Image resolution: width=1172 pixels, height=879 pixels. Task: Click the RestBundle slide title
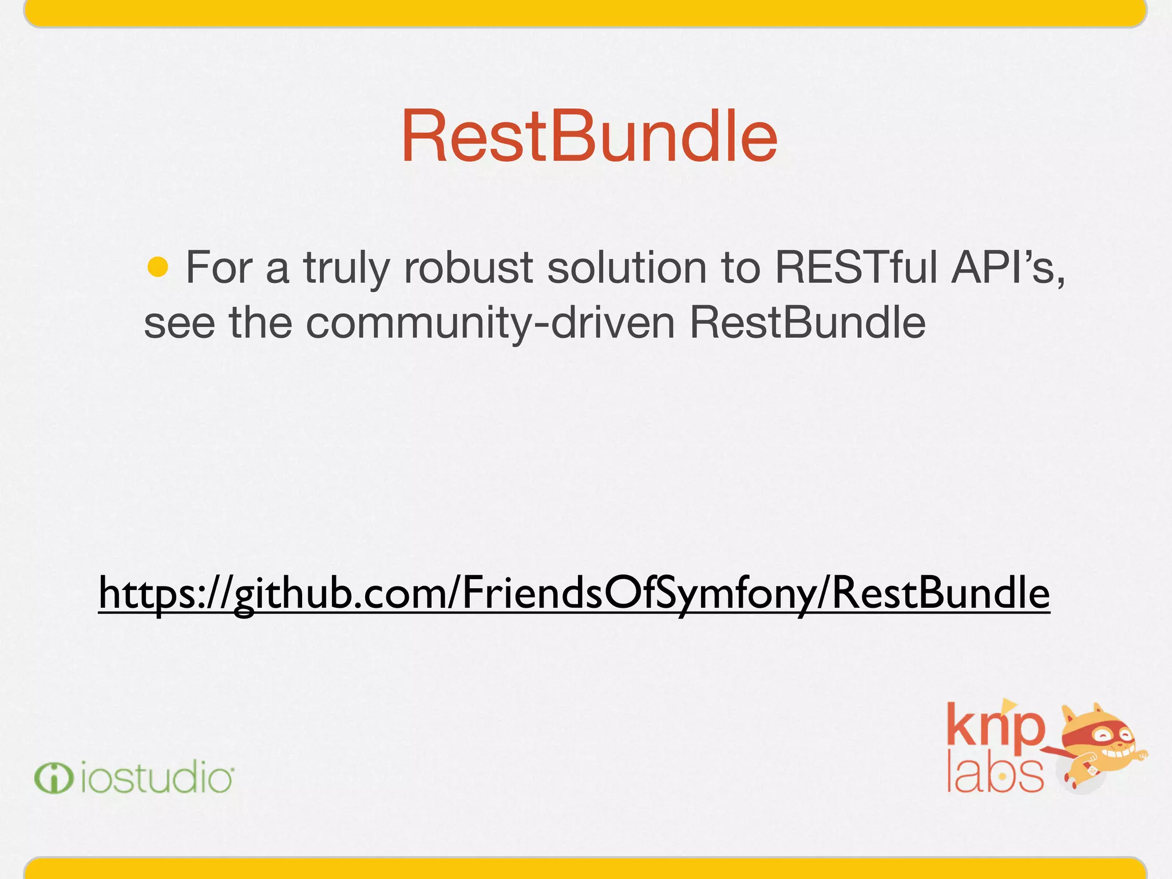589,137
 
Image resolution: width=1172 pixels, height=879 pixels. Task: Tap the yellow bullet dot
158,267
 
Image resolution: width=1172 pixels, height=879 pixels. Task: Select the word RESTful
856,267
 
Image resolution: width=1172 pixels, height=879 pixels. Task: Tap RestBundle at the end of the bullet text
807,323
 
